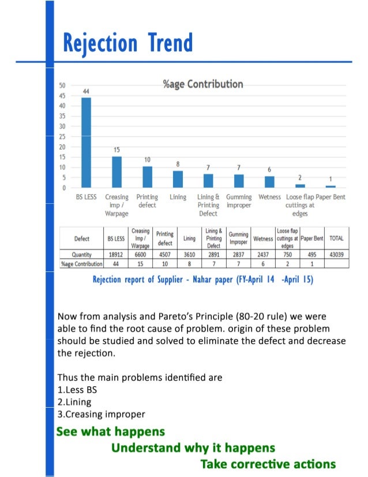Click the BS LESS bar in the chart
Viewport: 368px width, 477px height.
click(x=86, y=142)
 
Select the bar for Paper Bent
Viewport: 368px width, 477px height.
click(x=331, y=186)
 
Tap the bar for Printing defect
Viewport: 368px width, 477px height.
click(x=148, y=177)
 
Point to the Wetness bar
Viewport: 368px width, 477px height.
click(x=269, y=181)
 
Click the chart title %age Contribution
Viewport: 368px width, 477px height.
click(x=203, y=84)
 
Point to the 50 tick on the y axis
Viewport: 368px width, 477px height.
click(x=61, y=85)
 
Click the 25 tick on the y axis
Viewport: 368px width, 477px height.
click(x=61, y=137)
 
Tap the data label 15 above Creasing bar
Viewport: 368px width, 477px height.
click(x=117, y=149)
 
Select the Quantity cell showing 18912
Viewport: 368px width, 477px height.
click(x=115, y=254)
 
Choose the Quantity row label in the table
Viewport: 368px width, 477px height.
click(x=82, y=254)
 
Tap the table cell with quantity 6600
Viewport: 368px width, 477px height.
click(x=140, y=254)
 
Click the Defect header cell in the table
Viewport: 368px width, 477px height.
click(x=82, y=238)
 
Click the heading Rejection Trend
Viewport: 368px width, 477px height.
click(x=127, y=43)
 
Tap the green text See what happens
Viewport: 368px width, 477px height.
click(x=111, y=431)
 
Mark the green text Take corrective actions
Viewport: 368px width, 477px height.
click(x=268, y=464)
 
